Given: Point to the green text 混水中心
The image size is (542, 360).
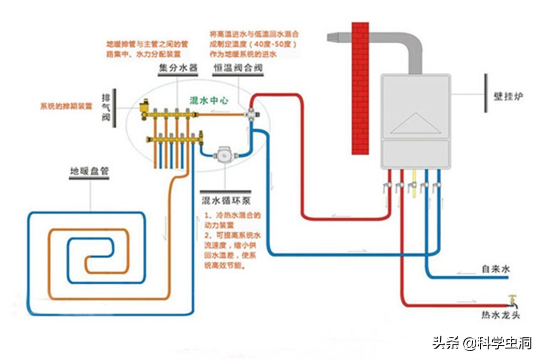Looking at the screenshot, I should [x=209, y=100].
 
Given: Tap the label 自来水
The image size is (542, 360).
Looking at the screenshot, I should [x=495, y=270].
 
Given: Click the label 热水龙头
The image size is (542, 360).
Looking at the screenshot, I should [x=500, y=315].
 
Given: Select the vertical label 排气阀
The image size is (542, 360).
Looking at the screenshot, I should [x=106, y=108].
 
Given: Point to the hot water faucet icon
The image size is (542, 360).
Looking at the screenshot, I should [x=513, y=300].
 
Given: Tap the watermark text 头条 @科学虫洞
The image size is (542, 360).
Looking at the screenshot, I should [x=482, y=343].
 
